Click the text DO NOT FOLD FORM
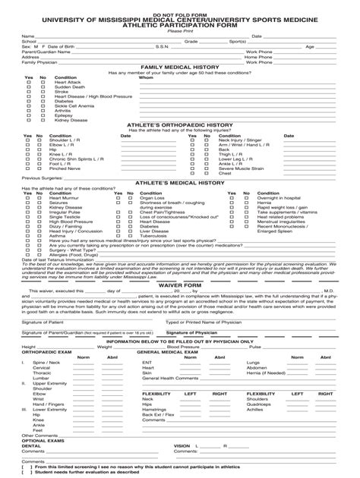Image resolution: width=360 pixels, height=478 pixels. (x=180, y=14)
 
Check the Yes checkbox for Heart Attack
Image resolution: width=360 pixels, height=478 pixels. (x=30, y=82)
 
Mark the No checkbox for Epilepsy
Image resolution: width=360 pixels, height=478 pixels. (x=43, y=115)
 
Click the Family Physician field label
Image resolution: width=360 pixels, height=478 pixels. (x=39, y=61)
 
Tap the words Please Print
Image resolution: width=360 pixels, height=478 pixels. (x=180, y=30)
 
